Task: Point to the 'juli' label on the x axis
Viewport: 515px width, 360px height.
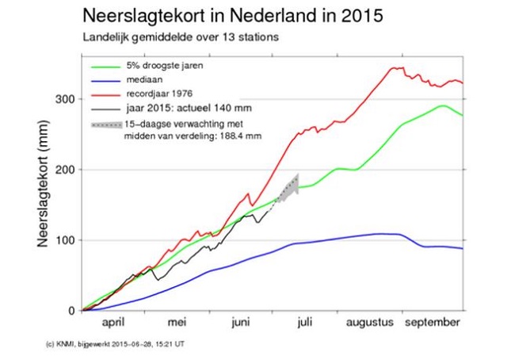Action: [x=303, y=324]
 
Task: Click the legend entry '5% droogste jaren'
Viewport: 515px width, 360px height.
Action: [x=164, y=66]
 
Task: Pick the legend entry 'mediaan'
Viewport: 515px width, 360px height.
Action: [x=145, y=80]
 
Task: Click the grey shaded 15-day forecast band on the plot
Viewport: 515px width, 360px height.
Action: [x=292, y=191]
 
